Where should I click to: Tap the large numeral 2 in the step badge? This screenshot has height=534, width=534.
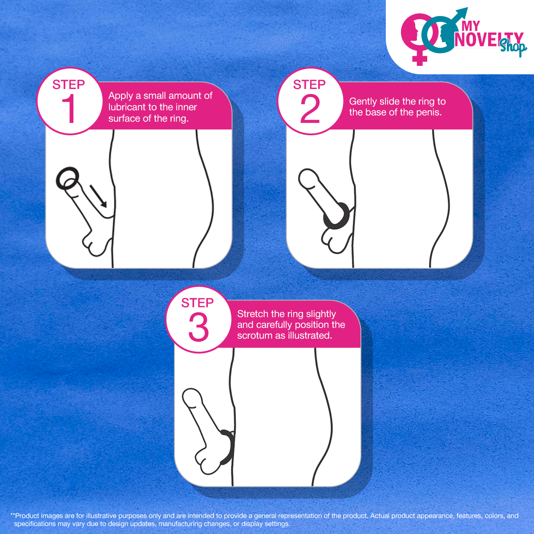pos(310,108)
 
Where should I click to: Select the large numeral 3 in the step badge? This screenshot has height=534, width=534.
pos(198,327)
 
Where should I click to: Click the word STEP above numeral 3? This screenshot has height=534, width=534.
pos(197,303)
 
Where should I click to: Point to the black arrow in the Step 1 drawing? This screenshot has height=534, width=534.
pos(98,196)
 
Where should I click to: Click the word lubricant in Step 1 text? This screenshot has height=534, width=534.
pos(125,107)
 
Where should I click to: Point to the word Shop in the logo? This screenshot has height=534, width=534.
pos(513,47)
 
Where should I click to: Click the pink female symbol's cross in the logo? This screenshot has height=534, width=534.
pos(420,58)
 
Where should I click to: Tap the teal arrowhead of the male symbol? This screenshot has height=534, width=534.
pos(461,13)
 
